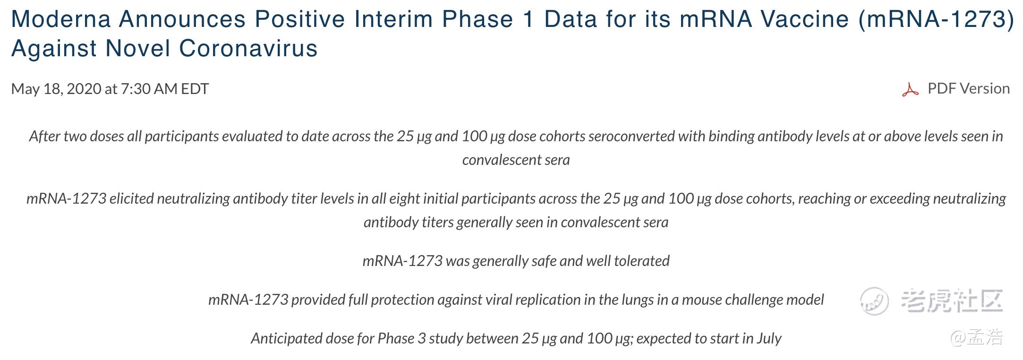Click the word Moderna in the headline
(x=61, y=19)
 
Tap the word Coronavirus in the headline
(x=248, y=49)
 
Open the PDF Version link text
(x=969, y=88)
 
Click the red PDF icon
(x=910, y=89)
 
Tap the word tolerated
(x=641, y=261)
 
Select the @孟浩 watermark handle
(x=977, y=337)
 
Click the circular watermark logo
(x=874, y=301)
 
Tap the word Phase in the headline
(x=477, y=19)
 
